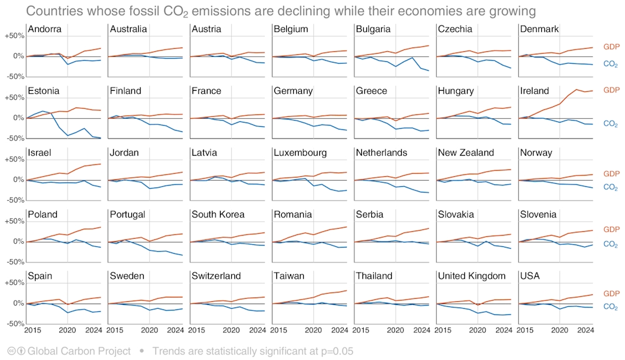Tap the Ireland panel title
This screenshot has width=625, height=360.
pos(534,91)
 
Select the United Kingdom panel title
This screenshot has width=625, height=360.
pos(472,276)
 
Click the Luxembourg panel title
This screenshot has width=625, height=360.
pos(300,152)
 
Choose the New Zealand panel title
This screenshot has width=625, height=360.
pos(466,152)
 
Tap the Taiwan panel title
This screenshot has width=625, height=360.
pos(289,276)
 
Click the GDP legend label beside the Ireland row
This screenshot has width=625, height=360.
pos(611,90)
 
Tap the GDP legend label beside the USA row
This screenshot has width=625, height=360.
pos(611,293)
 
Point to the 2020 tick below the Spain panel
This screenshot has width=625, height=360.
pos(67,330)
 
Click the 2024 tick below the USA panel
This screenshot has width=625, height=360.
pos(585,330)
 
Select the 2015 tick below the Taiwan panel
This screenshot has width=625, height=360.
pos(281,330)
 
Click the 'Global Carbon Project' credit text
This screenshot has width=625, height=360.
pos(79,351)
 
